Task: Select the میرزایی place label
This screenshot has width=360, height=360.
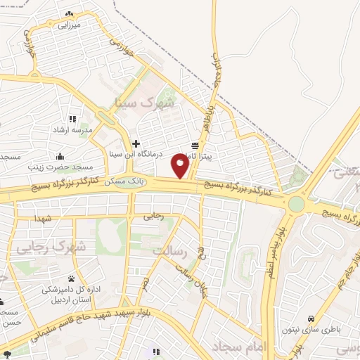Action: (x=70, y=25)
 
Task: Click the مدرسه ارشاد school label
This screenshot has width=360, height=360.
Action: (x=69, y=131)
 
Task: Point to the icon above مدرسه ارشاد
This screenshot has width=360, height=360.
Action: (x=72, y=119)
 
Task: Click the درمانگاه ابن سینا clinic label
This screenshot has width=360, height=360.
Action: (x=138, y=153)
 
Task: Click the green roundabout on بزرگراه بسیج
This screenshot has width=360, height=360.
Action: (x=296, y=204)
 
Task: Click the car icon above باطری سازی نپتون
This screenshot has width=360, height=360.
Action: (x=312, y=317)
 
